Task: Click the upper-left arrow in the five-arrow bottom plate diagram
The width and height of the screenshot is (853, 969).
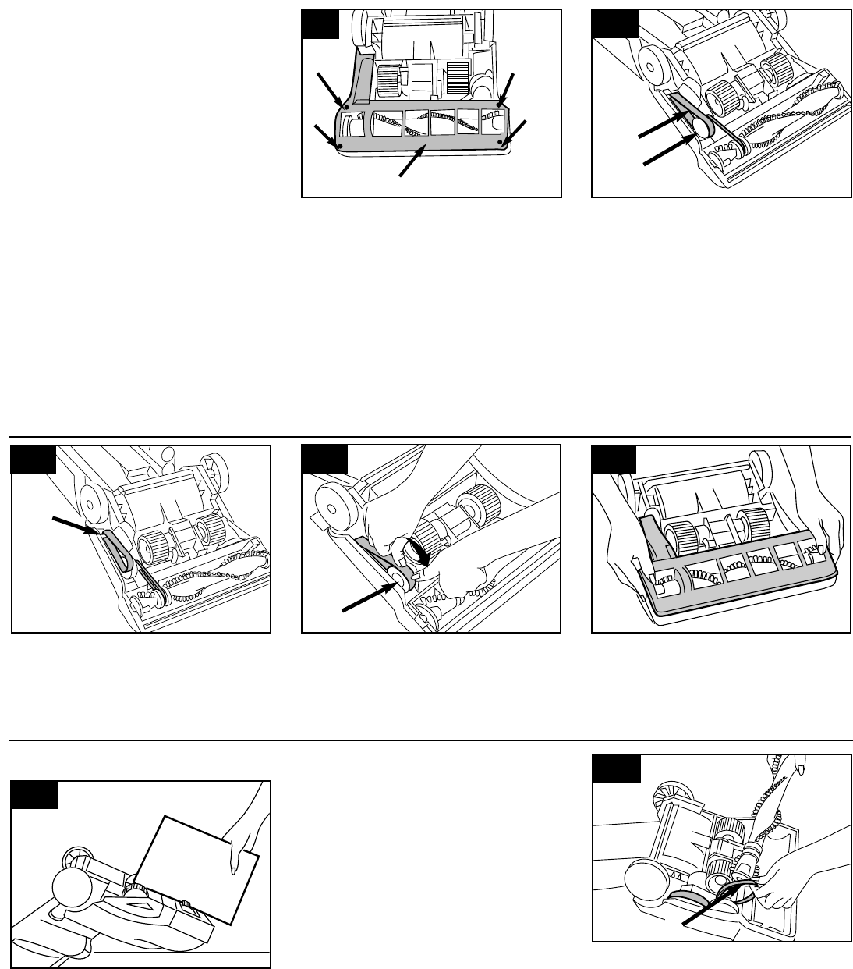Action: [330, 87]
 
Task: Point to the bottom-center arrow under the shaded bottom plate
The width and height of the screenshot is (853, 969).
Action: [412, 160]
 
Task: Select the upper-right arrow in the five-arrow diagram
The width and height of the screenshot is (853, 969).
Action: [505, 88]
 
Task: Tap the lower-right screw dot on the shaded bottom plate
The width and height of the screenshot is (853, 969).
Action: [501, 142]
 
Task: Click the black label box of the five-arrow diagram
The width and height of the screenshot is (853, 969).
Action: [320, 26]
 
